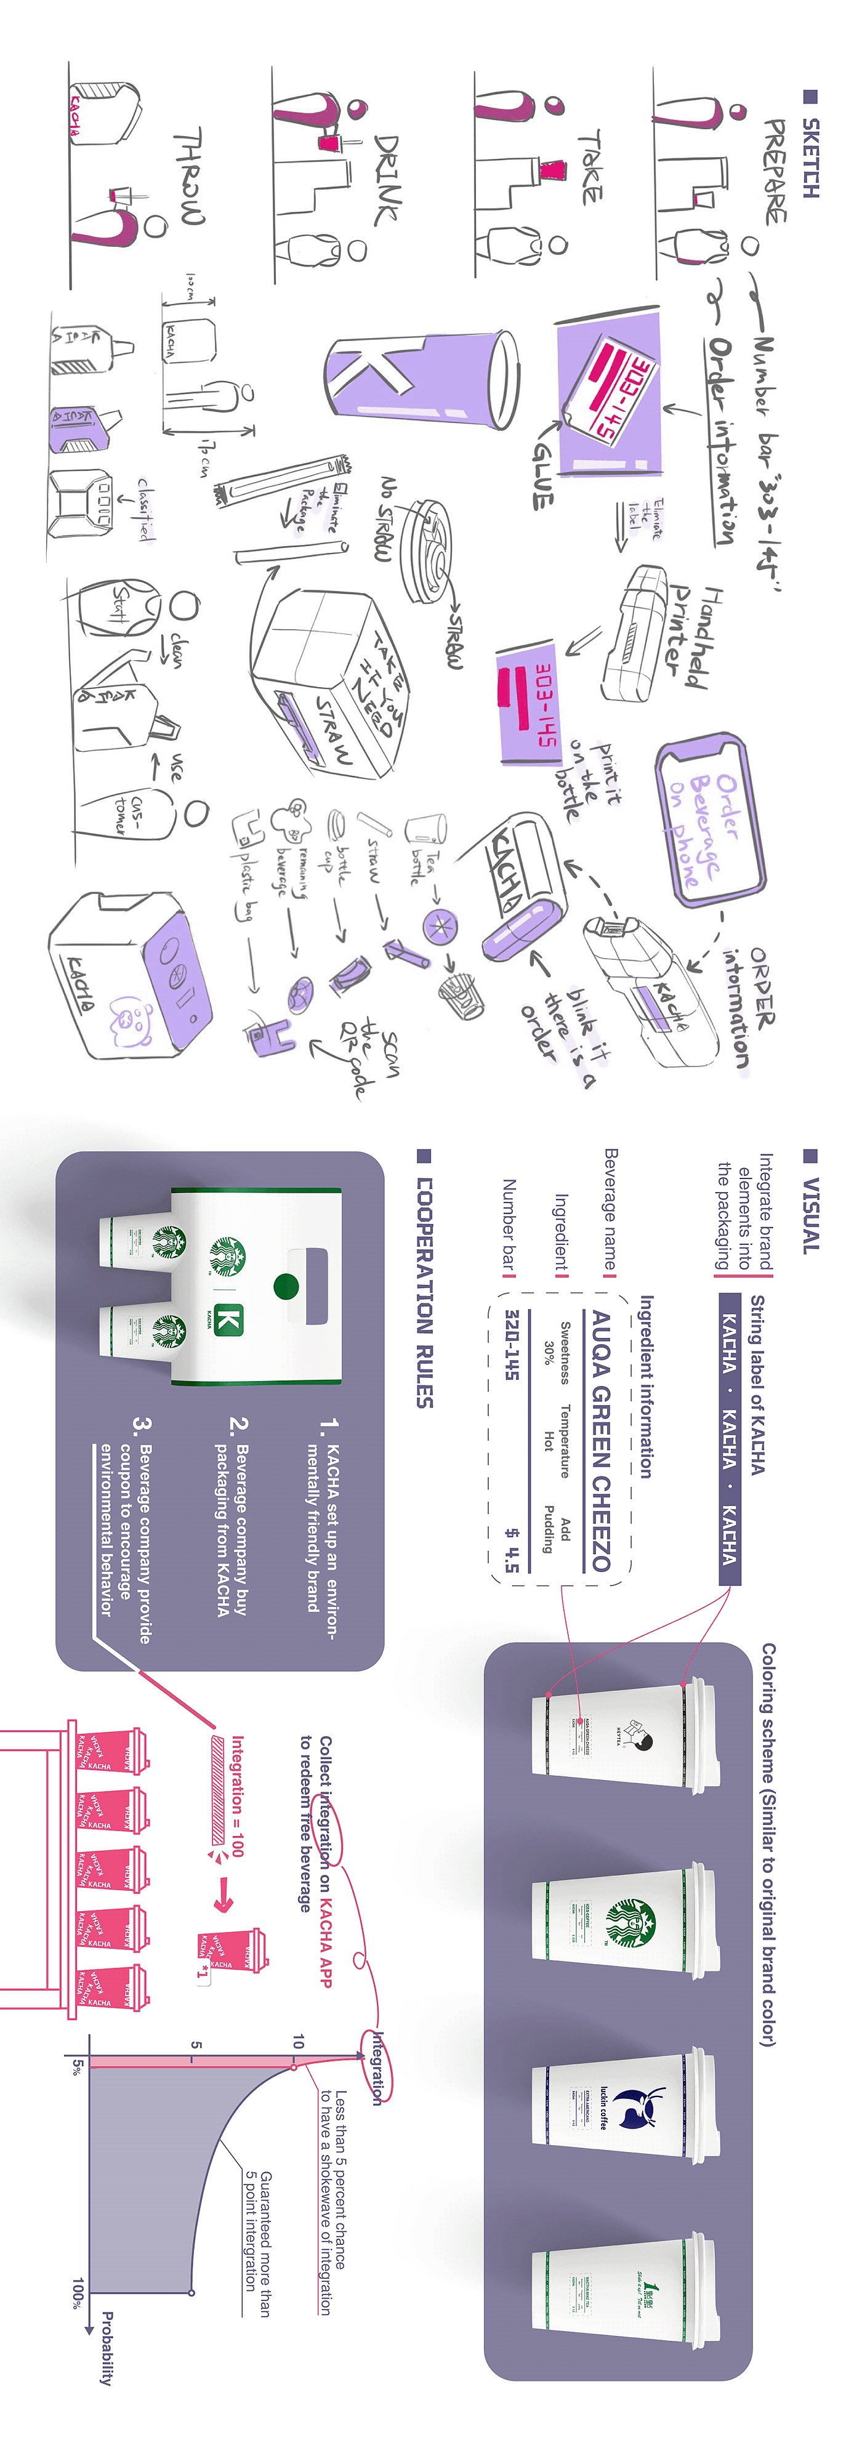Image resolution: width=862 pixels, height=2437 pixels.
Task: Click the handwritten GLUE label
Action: click(541, 472)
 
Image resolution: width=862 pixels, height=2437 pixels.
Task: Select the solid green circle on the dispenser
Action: click(286, 1287)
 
